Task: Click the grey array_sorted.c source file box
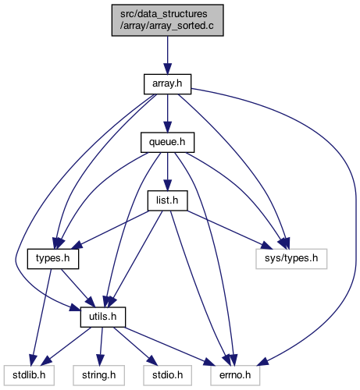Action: tap(168, 20)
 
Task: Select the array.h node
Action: tap(168, 84)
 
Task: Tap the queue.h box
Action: tap(168, 143)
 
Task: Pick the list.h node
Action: tap(168, 200)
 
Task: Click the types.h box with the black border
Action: tap(53, 259)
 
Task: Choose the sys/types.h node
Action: tap(291, 259)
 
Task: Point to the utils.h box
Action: tap(103, 317)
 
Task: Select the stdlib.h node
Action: tap(29, 375)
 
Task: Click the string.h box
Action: tap(99, 375)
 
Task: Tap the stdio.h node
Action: tap(168, 375)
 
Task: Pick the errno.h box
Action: tap(235, 375)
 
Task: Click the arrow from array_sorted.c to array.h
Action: tap(168, 55)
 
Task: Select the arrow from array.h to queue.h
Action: tap(168, 113)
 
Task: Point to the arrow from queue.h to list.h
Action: tap(168, 172)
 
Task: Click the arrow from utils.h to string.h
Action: tap(101, 346)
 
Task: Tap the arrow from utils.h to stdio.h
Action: tap(135, 346)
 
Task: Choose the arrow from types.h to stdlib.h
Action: tap(41, 317)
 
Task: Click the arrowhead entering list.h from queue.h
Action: tap(168, 186)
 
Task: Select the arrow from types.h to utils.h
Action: tap(78, 288)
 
